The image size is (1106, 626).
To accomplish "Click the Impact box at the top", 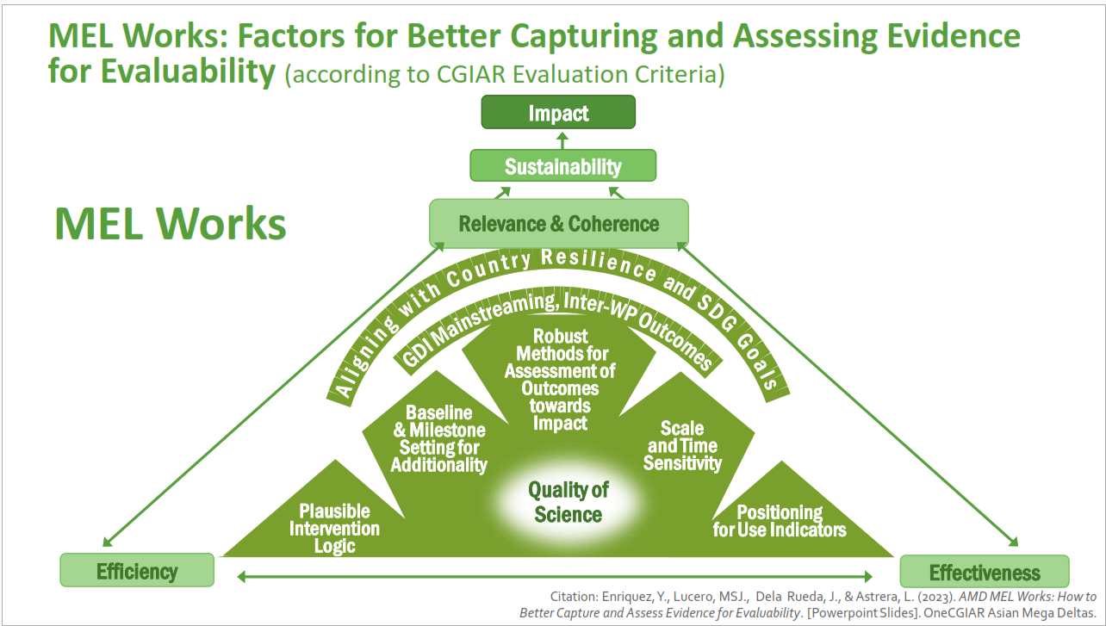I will [558, 113].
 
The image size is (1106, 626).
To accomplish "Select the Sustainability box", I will [562, 166].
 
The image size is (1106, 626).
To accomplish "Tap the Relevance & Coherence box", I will [559, 224].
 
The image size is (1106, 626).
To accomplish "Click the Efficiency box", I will [137, 571].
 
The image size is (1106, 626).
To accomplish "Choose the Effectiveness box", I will [985, 573].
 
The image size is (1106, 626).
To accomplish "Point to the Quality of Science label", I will [569, 502].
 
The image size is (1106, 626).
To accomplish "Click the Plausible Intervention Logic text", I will [334, 528].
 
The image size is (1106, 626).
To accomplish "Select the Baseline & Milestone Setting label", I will [439, 438].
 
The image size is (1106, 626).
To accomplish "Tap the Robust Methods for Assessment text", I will [560, 379].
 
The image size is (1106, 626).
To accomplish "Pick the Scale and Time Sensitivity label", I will [682, 445].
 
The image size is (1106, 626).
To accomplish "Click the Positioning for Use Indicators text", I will [780, 521].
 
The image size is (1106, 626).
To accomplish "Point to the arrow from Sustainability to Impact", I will [561, 140].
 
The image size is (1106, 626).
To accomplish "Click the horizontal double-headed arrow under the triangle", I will [556, 576].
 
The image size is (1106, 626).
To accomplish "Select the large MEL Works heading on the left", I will [170, 222].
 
